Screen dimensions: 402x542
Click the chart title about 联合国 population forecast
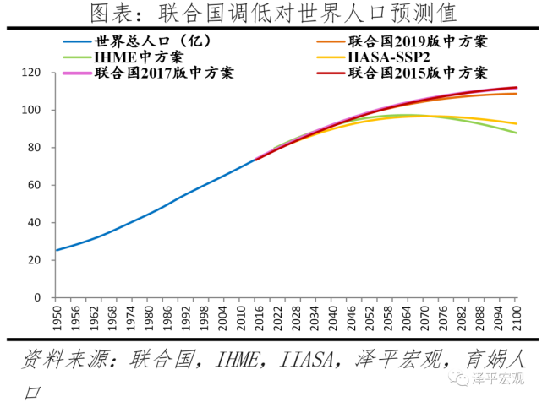point(271,14)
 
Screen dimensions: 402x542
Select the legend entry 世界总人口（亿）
point(152,41)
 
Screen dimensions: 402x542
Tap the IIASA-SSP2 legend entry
point(388,57)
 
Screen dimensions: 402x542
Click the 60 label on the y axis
point(36,185)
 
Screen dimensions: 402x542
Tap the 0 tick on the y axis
point(39,297)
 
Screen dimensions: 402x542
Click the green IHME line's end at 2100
point(517,133)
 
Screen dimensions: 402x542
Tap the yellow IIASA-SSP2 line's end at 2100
point(517,124)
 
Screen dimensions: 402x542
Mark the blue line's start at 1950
point(56,250)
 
